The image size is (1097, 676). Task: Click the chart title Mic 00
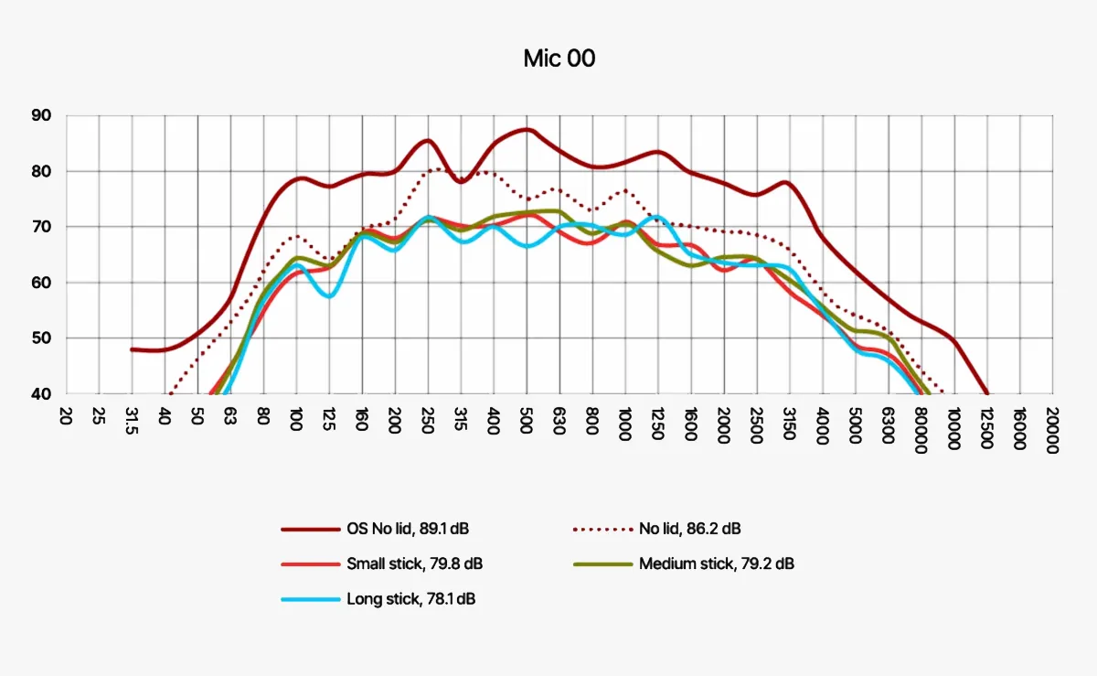(559, 59)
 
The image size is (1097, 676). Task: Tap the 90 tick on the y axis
(43, 115)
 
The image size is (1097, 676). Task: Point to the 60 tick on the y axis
(43, 283)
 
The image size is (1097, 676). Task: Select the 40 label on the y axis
(43, 394)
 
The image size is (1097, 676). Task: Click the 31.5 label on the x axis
(131, 423)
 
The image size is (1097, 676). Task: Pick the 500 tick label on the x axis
(526, 420)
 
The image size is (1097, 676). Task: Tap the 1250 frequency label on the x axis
(657, 423)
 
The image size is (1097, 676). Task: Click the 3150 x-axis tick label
(789, 423)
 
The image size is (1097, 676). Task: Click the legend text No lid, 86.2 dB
(690, 529)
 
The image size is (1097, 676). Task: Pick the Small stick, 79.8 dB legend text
(414, 563)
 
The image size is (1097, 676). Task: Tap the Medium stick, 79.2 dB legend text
(717, 563)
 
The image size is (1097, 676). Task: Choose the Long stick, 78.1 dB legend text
(411, 599)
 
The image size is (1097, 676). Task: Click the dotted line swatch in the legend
(602, 529)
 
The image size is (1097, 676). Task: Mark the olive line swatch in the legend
(602, 563)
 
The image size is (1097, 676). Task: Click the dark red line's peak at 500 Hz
(526, 129)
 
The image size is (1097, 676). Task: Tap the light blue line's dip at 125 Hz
(329, 296)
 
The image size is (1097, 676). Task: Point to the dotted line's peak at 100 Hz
(294, 236)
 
